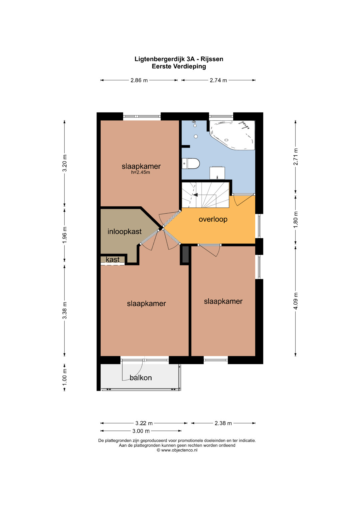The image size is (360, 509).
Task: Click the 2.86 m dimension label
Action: click(139, 80)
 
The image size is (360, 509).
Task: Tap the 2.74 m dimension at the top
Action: click(218, 80)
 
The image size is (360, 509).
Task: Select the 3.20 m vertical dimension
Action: click(65, 163)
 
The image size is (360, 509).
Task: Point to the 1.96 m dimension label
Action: click(65, 235)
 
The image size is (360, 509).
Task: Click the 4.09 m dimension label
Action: click(295, 301)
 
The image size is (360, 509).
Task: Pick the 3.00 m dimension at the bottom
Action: click(141, 431)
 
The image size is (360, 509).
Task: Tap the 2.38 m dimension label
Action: click(223, 423)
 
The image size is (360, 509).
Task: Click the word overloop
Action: click(213, 219)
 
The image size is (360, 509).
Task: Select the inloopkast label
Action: click(125, 232)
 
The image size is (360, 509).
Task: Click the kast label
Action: click(113, 259)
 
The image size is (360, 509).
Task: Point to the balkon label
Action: click(141, 378)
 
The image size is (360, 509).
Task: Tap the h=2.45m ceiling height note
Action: click(140, 172)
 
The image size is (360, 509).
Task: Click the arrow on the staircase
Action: click(195, 195)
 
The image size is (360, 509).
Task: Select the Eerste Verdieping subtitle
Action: click(179, 66)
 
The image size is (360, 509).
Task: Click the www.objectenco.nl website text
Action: click(179, 450)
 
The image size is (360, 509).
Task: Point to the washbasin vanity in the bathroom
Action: click(217, 173)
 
